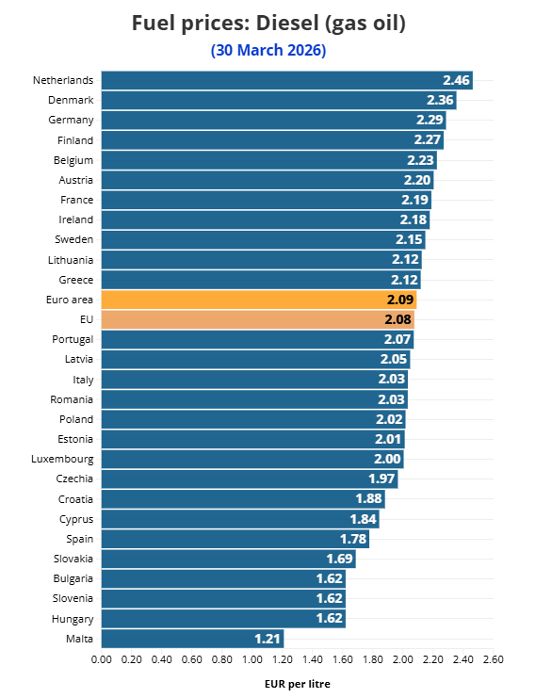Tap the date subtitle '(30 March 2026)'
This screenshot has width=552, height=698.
268,51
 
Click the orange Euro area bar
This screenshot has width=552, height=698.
258,300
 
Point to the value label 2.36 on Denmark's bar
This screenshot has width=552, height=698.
440,101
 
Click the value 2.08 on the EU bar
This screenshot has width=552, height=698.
398,320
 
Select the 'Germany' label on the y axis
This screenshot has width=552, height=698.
71,121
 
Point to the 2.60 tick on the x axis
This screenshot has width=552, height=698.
493,660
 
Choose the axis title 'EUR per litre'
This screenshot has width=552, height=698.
297,685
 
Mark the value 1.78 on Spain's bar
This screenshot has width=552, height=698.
353,540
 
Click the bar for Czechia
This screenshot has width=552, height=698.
249,479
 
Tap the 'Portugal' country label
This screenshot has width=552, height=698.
73,340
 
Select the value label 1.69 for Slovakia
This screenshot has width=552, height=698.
340,560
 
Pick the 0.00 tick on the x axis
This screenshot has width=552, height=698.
101,660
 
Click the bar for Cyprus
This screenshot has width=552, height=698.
239,519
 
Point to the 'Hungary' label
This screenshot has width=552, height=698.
73,619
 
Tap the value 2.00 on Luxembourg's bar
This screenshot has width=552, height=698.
388,460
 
